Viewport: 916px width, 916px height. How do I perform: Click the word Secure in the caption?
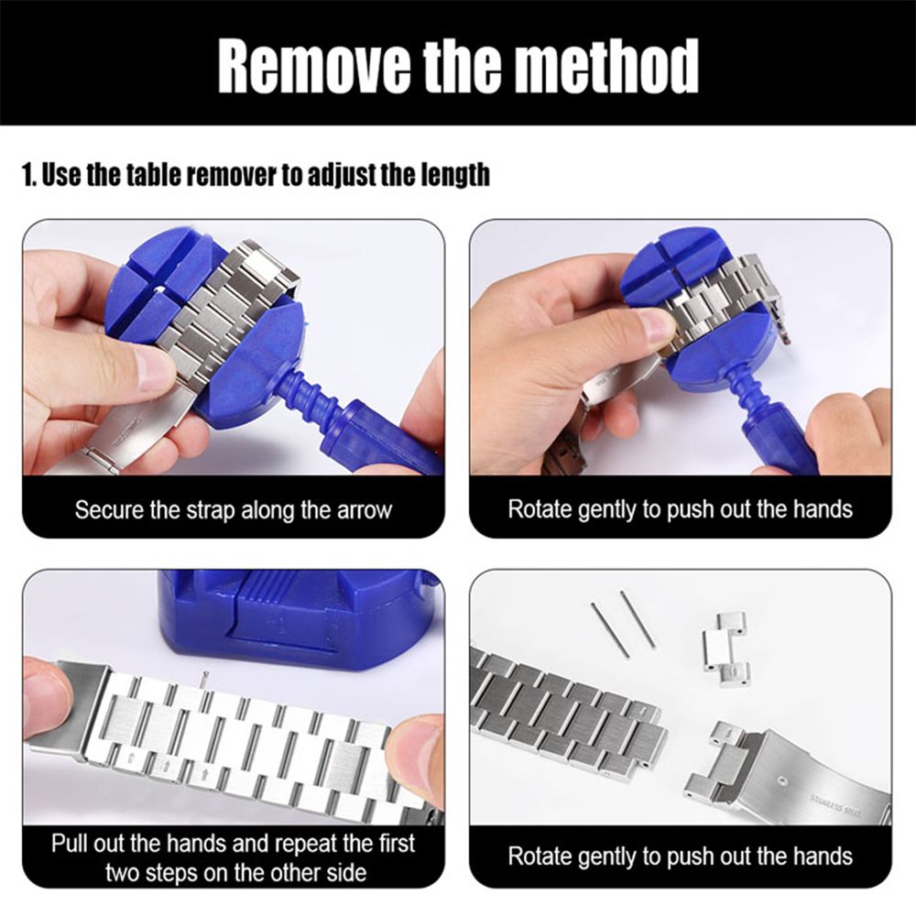pyautogui.click(x=110, y=510)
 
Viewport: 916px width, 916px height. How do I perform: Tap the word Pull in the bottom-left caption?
pyautogui.click(x=70, y=844)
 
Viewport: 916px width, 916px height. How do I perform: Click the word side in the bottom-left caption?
pyautogui.click(x=344, y=873)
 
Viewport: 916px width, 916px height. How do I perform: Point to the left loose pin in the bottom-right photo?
pyautogui.click(x=609, y=628)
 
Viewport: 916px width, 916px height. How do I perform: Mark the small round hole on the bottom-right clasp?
pyautogui.click(x=782, y=780)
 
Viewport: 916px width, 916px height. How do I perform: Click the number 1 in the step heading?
pyautogui.click(x=27, y=175)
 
